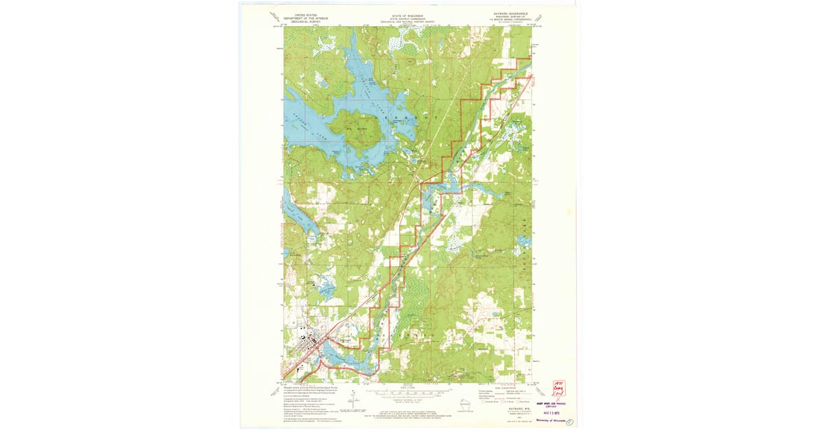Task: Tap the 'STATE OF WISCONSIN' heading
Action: click(x=408, y=14)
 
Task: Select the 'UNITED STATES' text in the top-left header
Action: click(x=309, y=14)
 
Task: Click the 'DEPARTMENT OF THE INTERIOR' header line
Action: click(x=309, y=17)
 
